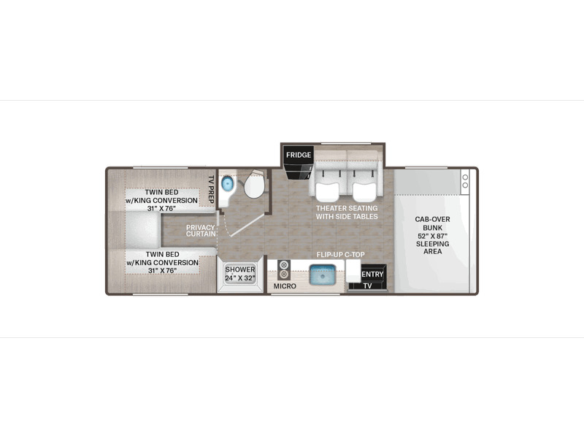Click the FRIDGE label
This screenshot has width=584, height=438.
[x=299, y=155]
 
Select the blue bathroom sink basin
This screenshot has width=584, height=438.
[x=227, y=184]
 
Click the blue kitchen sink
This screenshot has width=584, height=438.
[x=323, y=275]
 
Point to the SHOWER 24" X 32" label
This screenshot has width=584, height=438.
[x=240, y=273]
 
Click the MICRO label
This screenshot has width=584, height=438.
[x=285, y=286]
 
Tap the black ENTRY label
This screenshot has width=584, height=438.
[x=372, y=274]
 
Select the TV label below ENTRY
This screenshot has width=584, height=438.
[x=367, y=286]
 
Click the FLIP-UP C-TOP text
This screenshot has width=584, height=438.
[x=340, y=255]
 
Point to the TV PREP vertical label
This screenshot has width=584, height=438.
[x=211, y=189]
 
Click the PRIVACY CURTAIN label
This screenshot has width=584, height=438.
[x=201, y=231]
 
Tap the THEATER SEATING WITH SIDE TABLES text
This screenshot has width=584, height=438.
[x=347, y=212]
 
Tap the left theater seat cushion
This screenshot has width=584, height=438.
[x=327, y=192]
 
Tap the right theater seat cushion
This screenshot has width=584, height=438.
[x=364, y=192]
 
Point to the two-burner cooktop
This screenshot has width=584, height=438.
[x=284, y=269]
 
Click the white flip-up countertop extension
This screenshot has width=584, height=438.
[x=353, y=271]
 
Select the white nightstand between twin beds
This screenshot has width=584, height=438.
[x=142, y=231]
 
